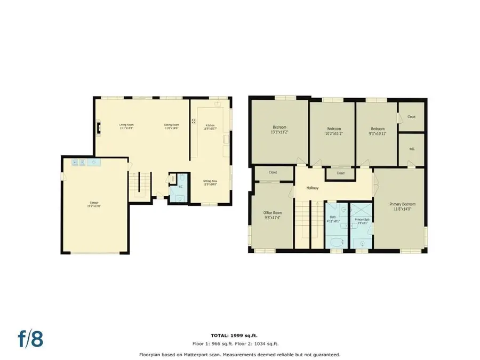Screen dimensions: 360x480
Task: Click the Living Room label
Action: pyautogui.click(x=126, y=127)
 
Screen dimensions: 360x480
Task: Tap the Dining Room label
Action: pyautogui.click(x=171, y=127)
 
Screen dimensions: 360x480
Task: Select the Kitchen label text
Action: pyautogui.click(x=210, y=127)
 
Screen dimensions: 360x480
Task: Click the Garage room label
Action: pyautogui.click(x=94, y=204)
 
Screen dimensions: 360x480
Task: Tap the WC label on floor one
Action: pyautogui.click(x=180, y=186)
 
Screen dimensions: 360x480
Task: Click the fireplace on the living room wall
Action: pyautogui.click(x=98, y=128)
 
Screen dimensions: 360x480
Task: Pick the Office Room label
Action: pyautogui.click(x=272, y=214)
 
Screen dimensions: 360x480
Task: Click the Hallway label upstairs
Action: pyautogui.click(x=312, y=188)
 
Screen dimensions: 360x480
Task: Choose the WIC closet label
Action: pyautogui.click(x=412, y=149)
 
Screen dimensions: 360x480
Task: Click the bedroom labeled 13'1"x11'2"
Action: pyautogui.click(x=279, y=129)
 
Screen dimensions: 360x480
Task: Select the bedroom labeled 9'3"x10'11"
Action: pyautogui.click(x=378, y=130)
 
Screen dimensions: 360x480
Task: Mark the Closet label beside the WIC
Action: pyautogui.click(x=412, y=116)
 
